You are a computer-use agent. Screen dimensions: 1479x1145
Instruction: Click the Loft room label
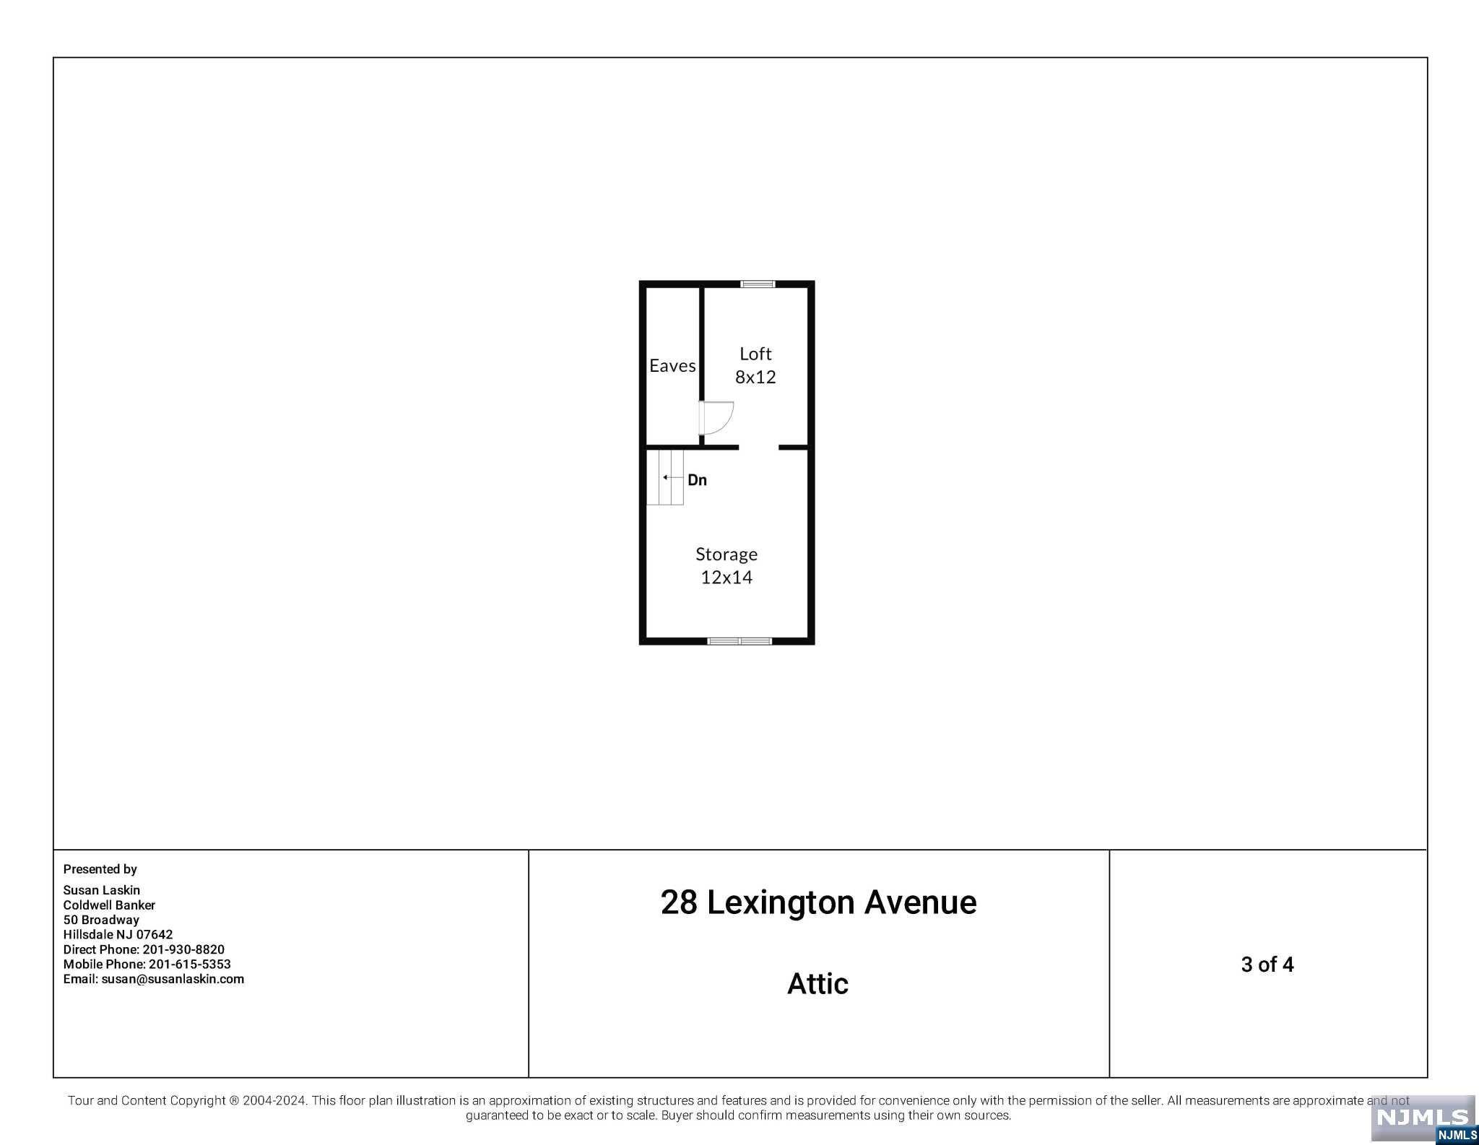[x=755, y=354]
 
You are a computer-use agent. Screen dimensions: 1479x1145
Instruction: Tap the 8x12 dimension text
[x=755, y=377]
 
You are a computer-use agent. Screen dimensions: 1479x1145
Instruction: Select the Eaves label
[x=672, y=365]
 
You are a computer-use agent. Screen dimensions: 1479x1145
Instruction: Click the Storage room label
[x=727, y=554]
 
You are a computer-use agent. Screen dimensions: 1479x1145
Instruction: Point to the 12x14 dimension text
[x=727, y=578]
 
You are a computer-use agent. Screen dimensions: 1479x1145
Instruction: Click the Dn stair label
[x=697, y=480]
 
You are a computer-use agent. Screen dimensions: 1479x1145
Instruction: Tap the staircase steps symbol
[x=664, y=477]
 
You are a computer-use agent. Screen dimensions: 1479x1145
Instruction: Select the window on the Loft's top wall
[x=758, y=284]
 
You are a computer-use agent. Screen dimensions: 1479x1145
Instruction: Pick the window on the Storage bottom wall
[x=739, y=641]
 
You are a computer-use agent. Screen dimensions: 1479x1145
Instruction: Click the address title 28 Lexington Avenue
[x=818, y=902]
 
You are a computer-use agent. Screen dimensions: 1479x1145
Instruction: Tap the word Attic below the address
[x=817, y=984]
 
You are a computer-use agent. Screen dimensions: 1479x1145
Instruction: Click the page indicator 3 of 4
[x=1267, y=965]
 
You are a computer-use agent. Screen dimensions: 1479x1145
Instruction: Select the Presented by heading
[x=100, y=869]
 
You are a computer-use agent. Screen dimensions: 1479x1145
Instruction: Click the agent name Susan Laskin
[x=102, y=890]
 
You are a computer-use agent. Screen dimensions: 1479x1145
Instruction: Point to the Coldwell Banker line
[x=109, y=905]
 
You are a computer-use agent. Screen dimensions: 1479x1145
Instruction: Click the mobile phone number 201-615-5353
[x=190, y=965]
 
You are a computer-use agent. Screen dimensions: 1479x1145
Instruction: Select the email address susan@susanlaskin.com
[x=173, y=980]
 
